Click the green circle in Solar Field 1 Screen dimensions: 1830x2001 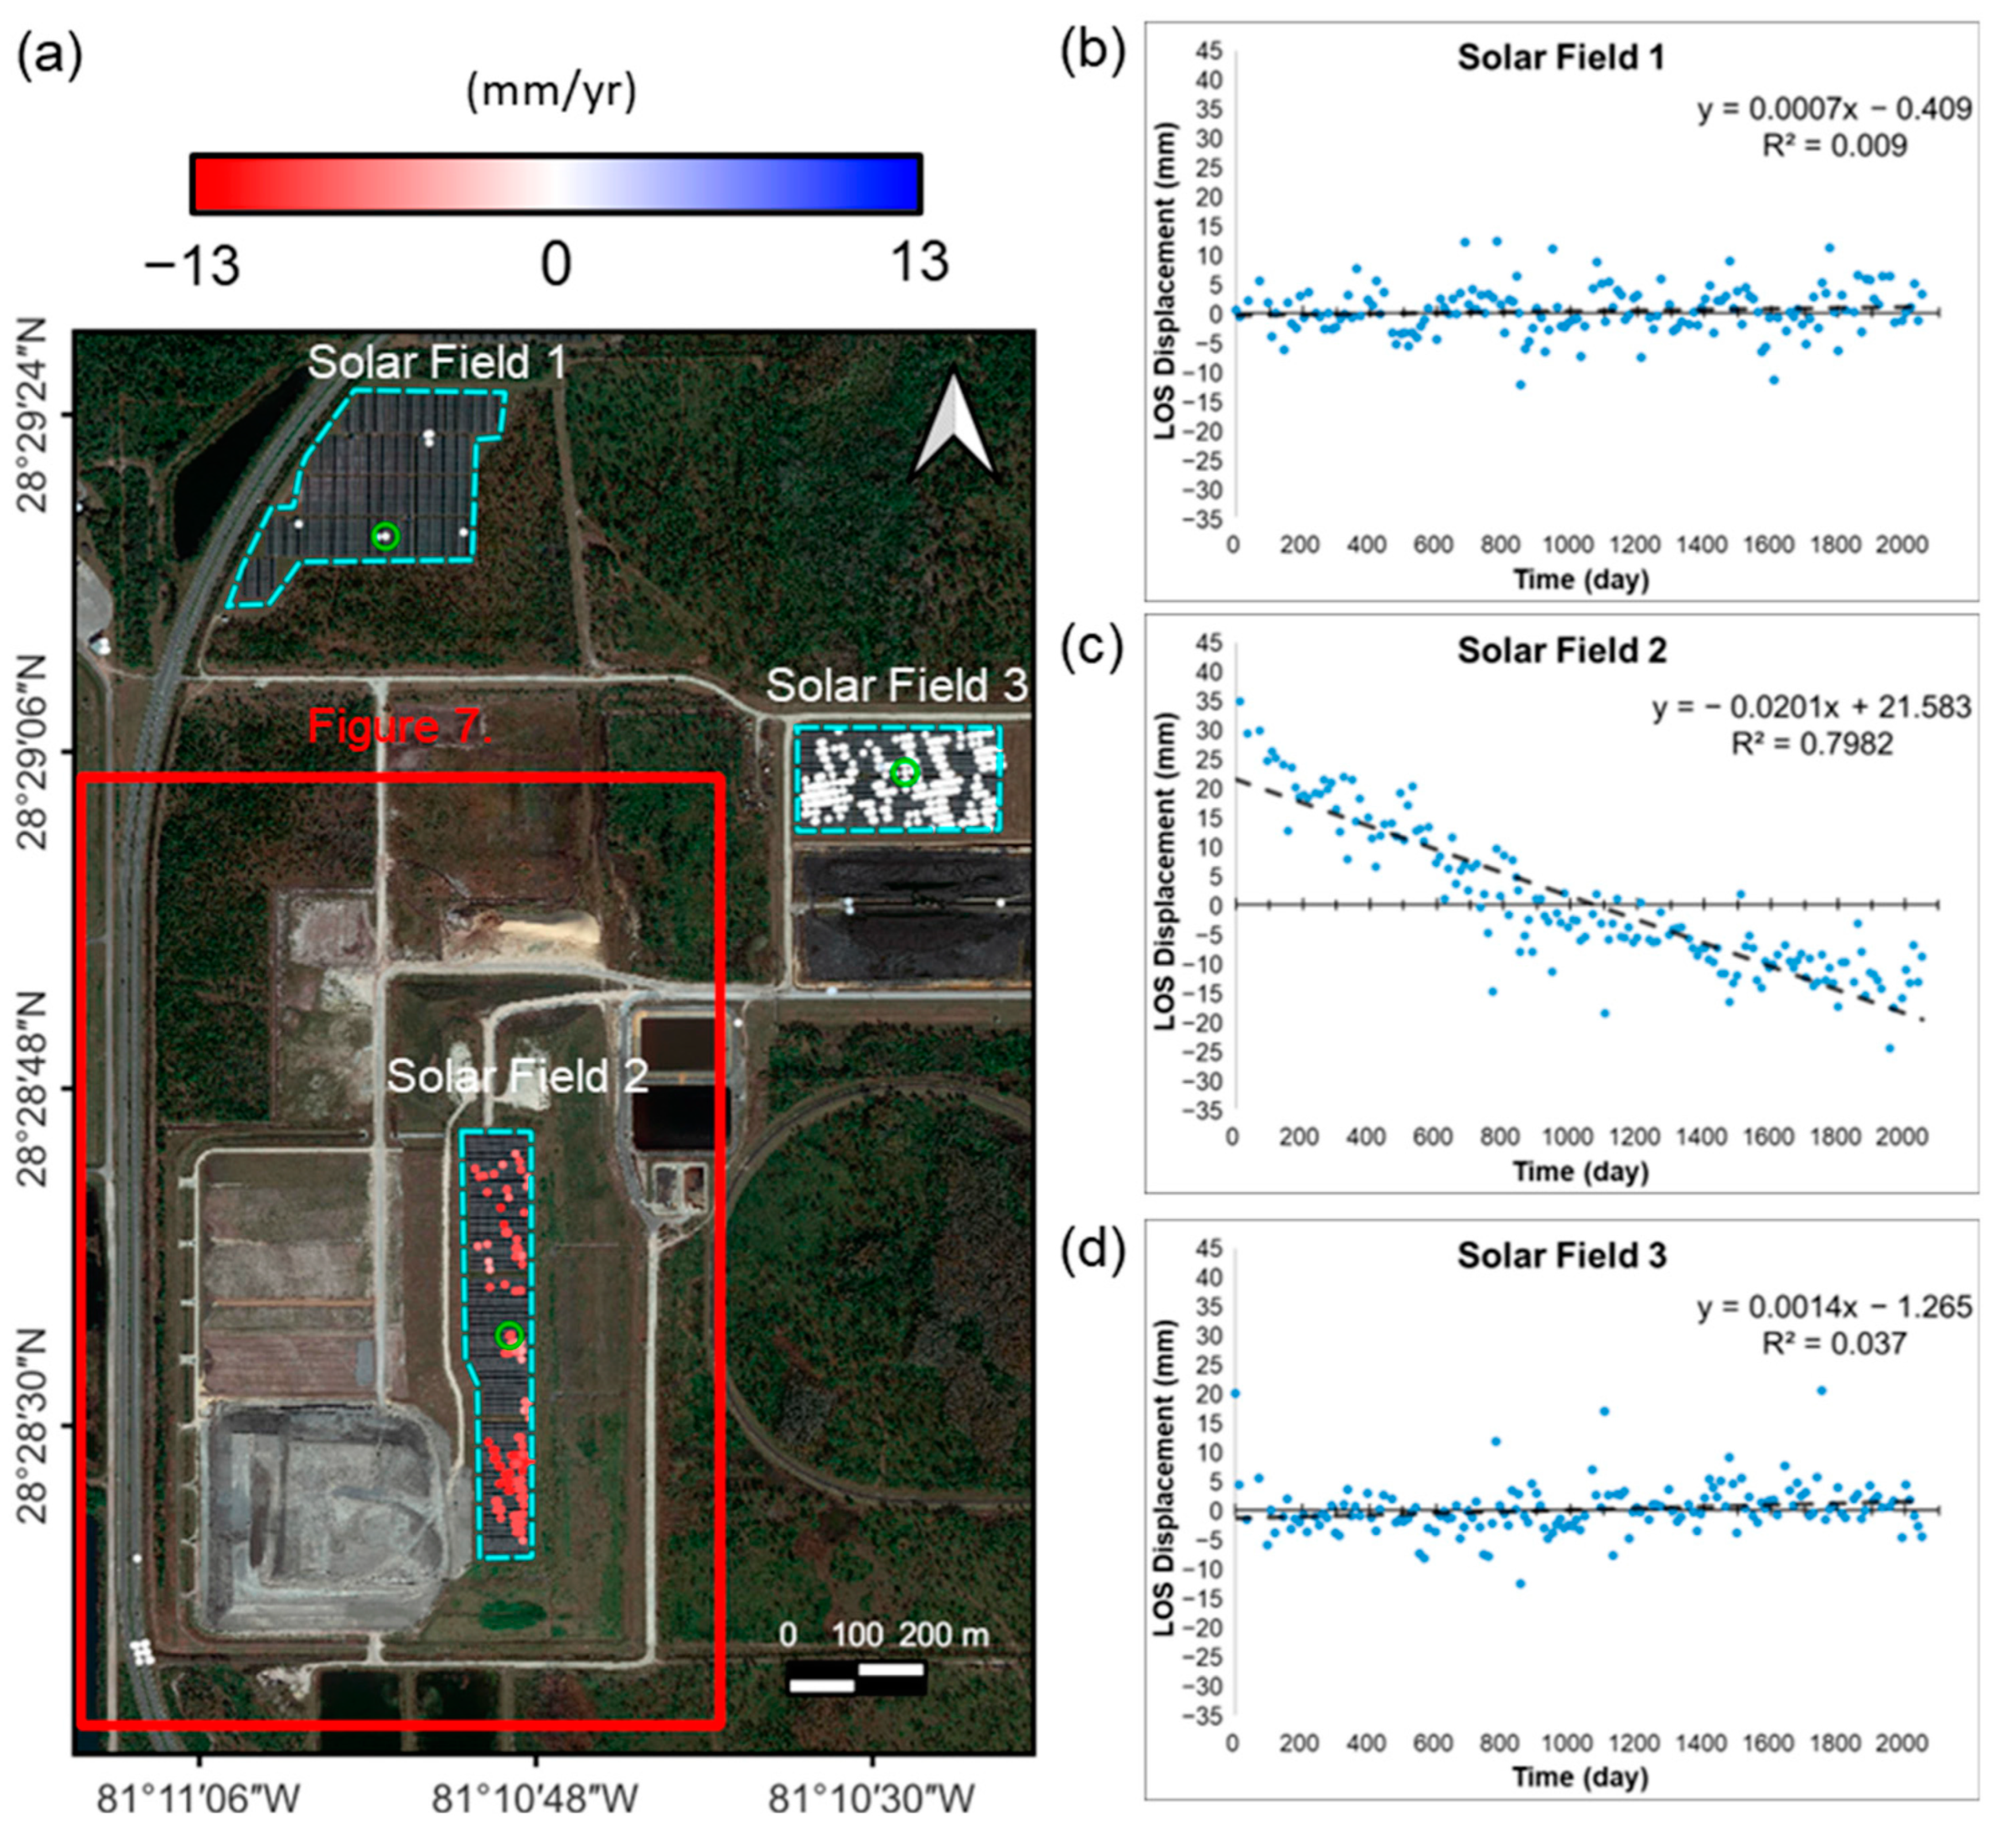(x=385, y=536)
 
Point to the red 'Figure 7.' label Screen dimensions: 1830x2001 (x=399, y=727)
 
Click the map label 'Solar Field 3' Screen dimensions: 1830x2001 (x=896, y=685)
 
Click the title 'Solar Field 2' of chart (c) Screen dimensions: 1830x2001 (x=1561, y=650)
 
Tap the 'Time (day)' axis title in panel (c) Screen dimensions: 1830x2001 (x=1580, y=1171)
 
